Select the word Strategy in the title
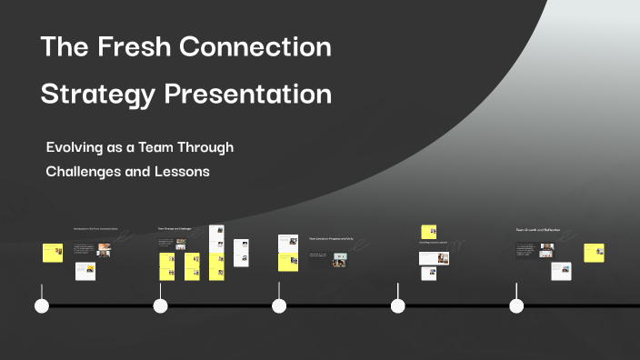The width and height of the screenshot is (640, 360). [99, 94]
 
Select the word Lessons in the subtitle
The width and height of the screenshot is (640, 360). [183, 171]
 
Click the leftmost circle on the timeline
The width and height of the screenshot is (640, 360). [42, 305]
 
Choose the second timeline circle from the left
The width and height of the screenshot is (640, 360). [161, 305]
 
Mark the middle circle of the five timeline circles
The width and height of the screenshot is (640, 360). [279, 305]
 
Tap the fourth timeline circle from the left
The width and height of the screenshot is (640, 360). [398, 305]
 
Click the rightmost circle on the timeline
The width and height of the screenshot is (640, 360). [516, 305]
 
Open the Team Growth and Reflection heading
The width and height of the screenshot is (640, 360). [538, 230]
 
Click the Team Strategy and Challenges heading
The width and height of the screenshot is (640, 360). [175, 229]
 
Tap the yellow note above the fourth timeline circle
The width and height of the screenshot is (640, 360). [427, 232]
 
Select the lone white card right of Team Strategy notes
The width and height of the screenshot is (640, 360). [241, 252]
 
